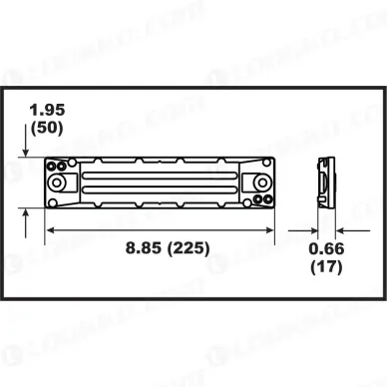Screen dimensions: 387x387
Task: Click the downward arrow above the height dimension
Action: [x=24, y=147]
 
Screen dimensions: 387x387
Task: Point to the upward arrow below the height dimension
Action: [x=24, y=214]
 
